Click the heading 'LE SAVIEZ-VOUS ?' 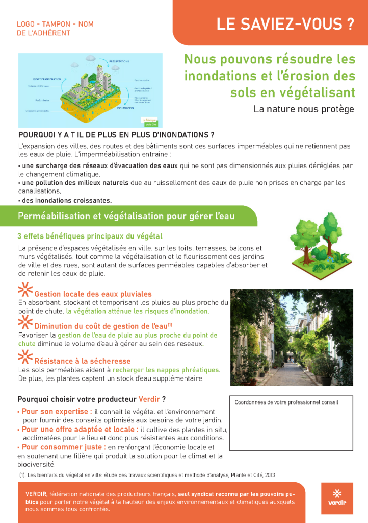tap(285, 24)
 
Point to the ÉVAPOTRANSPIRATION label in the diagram tap(47, 79)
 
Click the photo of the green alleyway tap(292, 337)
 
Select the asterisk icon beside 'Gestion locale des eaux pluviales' tap(24, 290)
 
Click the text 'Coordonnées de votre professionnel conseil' tap(286, 402)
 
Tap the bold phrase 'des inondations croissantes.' tap(66, 200)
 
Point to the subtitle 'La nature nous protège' tap(303, 109)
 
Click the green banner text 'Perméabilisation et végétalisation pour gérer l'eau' tap(126, 216)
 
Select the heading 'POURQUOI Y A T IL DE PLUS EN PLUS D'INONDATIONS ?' tap(116, 135)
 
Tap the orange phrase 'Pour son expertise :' tap(57, 411)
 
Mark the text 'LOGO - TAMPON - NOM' tap(55, 24)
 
